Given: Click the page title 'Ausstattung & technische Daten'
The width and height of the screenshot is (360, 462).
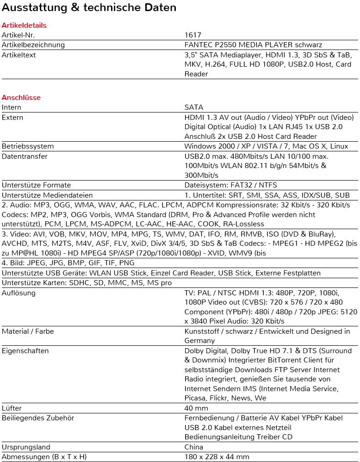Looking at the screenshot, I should [x=89, y=8].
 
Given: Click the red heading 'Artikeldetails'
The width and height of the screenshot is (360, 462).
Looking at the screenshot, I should [x=24, y=25].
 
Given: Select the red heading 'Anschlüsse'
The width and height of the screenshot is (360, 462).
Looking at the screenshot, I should [x=21, y=98].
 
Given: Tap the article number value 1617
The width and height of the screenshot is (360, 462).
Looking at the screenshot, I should [x=193, y=35].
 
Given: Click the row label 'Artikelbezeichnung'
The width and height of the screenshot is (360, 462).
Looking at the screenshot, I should [x=33, y=45].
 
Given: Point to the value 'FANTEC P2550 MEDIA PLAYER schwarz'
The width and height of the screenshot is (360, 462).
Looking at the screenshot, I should [x=253, y=45].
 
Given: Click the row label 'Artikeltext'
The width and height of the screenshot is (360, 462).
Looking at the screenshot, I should [x=19, y=55].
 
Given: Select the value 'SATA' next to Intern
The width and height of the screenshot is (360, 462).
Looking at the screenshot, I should [x=194, y=107].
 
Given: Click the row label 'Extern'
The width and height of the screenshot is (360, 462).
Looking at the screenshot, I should [x=12, y=118].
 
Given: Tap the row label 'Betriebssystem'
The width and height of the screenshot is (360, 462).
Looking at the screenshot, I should [x=28, y=146].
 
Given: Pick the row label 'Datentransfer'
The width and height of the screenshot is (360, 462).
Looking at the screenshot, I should [x=25, y=156].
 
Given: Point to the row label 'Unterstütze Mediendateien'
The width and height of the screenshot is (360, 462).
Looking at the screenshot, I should [x=47, y=195].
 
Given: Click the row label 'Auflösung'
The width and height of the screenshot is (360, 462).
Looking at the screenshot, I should [x=19, y=293].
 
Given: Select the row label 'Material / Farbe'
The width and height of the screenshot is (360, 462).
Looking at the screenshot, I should [x=30, y=331].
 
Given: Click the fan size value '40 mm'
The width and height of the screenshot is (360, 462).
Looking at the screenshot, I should [x=196, y=408].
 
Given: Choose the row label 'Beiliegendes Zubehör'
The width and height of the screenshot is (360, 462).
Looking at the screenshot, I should [x=38, y=418].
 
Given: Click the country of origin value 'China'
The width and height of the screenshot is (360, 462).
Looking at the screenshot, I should [x=194, y=447].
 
